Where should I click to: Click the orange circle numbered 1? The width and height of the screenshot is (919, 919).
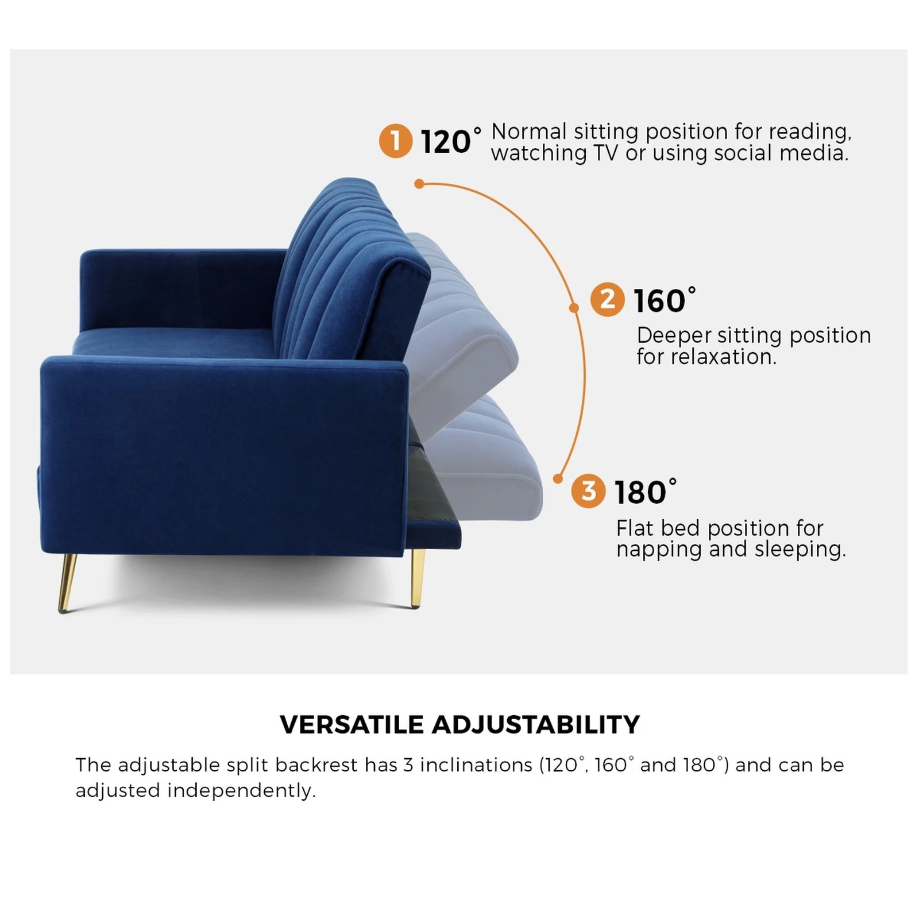click(x=395, y=141)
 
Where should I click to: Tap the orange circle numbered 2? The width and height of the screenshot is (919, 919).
click(x=607, y=299)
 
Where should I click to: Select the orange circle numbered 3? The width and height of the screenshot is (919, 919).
click(x=588, y=491)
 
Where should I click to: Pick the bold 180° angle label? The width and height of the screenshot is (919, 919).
click(x=644, y=492)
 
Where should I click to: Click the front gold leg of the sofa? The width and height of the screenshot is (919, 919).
click(x=67, y=582)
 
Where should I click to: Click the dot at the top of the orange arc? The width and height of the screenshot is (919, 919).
click(x=419, y=184)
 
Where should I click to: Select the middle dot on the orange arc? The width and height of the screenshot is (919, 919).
click(x=573, y=308)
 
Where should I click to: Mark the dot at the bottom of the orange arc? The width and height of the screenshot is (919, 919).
click(x=557, y=478)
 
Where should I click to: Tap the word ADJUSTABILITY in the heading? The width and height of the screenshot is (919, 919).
click(x=535, y=725)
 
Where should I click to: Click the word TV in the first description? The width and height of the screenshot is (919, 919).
click(x=604, y=153)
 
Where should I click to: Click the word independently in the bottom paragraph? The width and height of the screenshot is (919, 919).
click(x=241, y=791)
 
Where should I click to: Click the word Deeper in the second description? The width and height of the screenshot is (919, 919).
click(x=673, y=336)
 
